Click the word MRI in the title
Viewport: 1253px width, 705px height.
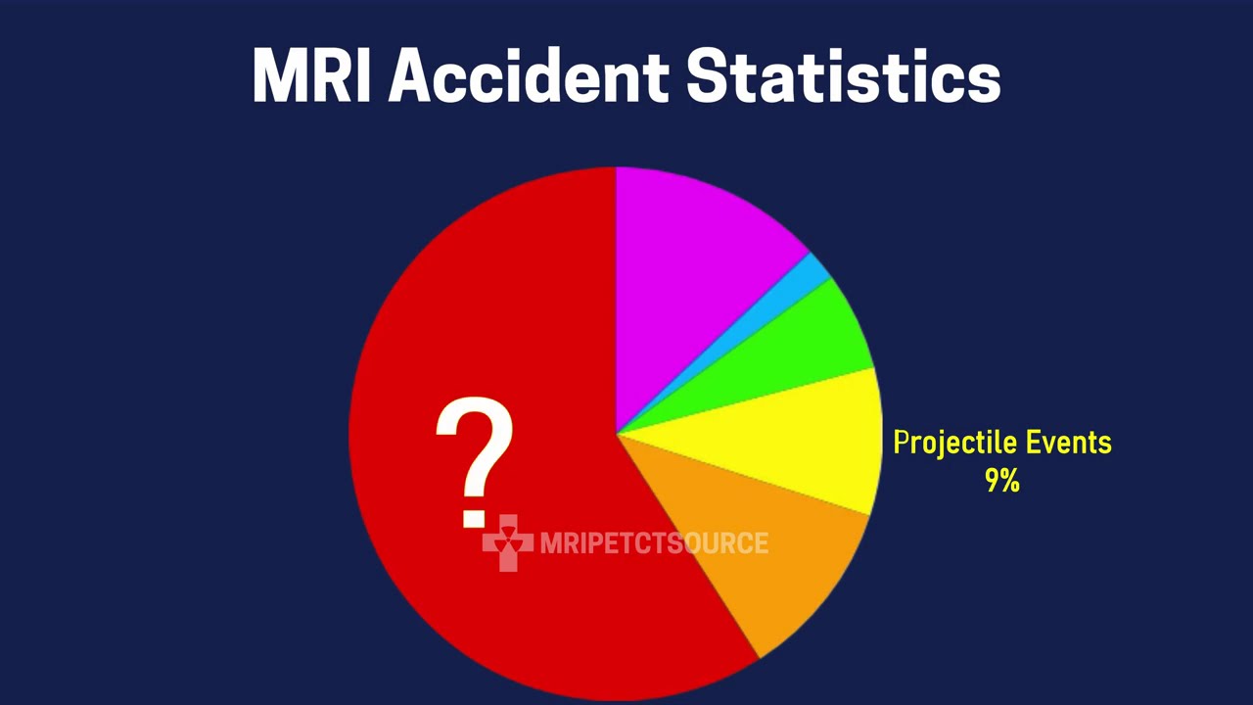[x=312, y=74]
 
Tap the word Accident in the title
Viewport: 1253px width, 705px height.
[x=529, y=74]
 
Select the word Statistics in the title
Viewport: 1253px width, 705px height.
[x=843, y=74]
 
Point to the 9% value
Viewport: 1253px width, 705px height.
[x=1001, y=481]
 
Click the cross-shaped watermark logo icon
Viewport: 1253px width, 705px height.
[x=507, y=542]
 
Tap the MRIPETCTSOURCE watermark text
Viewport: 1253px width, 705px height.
[x=654, y=543]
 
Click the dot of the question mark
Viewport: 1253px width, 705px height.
[x=475, y=516]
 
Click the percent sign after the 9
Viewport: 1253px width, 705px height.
[x=1009, y=481]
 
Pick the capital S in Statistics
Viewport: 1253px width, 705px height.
[x=710, y=74]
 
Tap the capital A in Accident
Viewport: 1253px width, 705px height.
[x=415, y=74]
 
